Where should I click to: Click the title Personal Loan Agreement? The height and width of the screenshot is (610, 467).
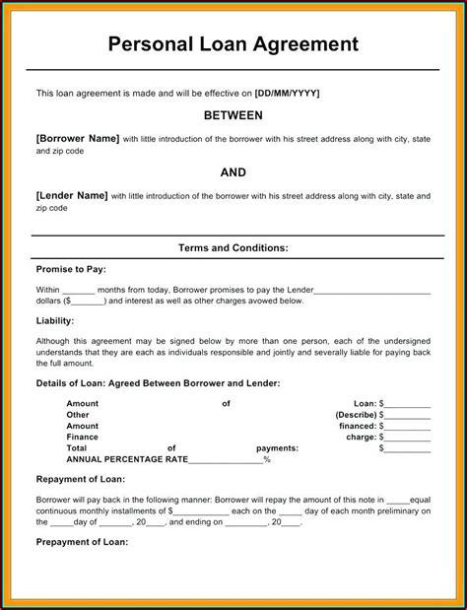(233, 44)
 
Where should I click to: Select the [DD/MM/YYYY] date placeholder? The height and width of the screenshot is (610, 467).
(287, 93)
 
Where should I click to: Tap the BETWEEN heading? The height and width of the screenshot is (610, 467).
(233, 115)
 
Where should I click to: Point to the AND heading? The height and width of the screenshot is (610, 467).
(233, 172)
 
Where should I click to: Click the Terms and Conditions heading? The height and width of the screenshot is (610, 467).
(233, 248)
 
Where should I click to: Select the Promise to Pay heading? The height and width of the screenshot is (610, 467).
(71, 269)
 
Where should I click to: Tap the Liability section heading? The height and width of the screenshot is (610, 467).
(55, 320)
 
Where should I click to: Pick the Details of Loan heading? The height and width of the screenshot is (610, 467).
(158, 382)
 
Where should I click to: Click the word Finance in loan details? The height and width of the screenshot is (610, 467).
(83, 437)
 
